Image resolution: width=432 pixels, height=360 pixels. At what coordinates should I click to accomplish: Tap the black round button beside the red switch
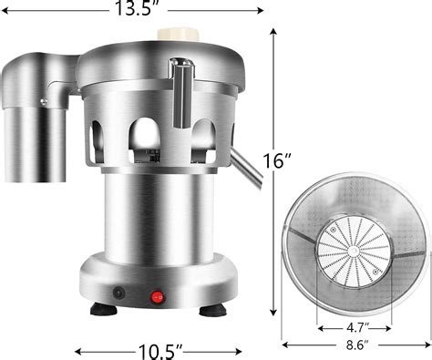[118, 293]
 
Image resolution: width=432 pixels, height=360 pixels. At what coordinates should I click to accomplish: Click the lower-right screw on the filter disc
[374, 272]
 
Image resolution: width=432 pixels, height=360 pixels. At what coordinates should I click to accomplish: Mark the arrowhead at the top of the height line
[273, 30]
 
